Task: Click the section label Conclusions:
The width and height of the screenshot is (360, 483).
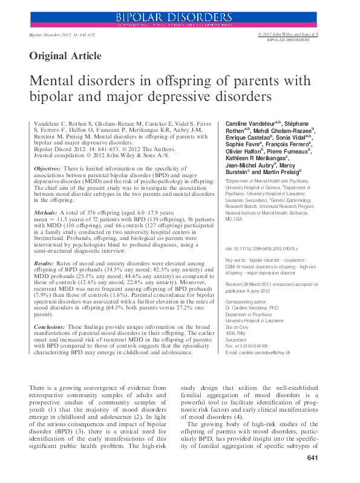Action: pyautogui.click(x=49, y=326)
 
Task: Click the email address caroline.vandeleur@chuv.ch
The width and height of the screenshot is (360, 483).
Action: pyautogui.click(x=264, y=352)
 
